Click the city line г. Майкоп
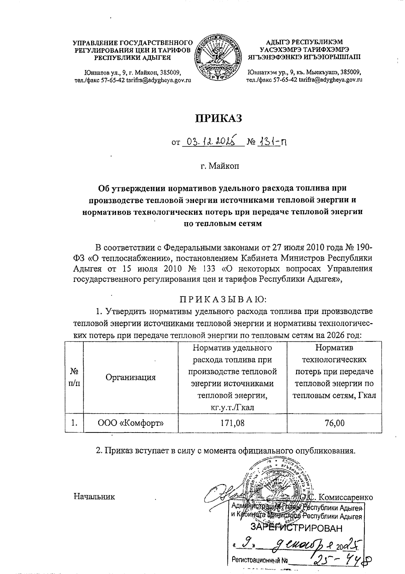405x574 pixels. (219, 166)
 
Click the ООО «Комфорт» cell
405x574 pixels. (131, 422)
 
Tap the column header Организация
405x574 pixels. (131, 377)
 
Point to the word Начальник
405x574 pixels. (94, 497)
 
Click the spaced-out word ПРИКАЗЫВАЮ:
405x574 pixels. (223, 299)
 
